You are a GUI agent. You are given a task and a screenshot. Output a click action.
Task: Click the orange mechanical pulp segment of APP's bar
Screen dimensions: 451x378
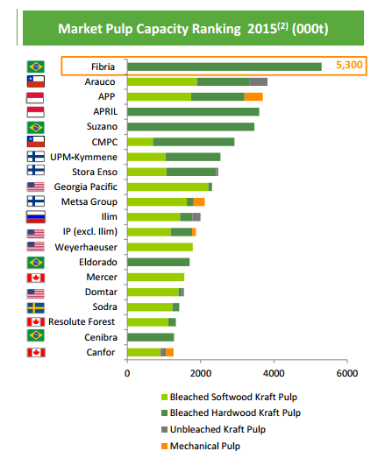coord(253,96)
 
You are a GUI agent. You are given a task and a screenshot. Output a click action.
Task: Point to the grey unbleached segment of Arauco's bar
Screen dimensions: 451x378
coord(259,81)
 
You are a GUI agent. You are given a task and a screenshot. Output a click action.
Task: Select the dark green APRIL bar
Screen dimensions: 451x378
coord(193,111)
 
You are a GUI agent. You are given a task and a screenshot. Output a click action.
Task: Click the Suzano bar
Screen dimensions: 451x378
coord(190,127)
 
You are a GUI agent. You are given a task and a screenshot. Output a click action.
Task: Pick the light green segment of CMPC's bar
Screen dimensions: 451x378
coord(140,142)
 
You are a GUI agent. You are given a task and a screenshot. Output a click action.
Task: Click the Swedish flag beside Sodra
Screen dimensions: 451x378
coord(36,307)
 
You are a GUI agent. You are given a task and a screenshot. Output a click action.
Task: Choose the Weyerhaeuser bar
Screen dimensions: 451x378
coord(160,248)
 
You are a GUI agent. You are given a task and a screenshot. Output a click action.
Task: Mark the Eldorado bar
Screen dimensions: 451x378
coord(158,263)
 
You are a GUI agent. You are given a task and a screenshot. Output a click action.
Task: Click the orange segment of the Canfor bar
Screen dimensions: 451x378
coord(169,352)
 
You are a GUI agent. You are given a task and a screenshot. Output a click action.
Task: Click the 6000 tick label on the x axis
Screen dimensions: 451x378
coord(347,373)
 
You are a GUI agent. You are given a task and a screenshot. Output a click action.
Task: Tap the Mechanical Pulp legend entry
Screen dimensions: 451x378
coord(210,445)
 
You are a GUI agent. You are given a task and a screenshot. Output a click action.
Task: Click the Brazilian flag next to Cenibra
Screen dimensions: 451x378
coord(36,337)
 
